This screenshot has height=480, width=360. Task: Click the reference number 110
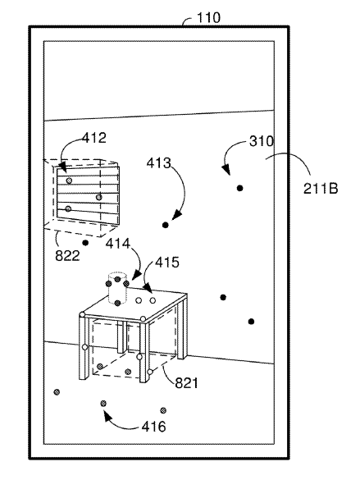coord(208,18)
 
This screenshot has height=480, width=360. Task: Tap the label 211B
coord(321,188)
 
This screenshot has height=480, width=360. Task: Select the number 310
coord(262,141)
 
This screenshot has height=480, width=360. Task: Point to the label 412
coord(94,138)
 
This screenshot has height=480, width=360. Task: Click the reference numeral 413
coord(159,163)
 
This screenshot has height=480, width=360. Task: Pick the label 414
coord(118,244)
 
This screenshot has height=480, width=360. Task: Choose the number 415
coord(167,263)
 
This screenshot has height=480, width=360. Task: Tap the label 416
coord(153,427)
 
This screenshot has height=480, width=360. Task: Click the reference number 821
coord(187,383)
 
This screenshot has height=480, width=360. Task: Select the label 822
coord(67,255)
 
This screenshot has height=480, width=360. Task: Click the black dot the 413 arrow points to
coord(166,226)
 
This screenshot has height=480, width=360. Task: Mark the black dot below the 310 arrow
coord(240,188)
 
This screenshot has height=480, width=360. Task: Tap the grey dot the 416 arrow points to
coord(103,404)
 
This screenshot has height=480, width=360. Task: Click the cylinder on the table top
coord(117,288)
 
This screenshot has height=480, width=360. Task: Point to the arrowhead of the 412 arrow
coord(62,167)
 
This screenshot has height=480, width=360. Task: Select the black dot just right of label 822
coord(85,243)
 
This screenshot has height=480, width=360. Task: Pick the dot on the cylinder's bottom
coord(117,303)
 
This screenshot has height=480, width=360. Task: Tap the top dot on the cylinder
coord(118,279)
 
